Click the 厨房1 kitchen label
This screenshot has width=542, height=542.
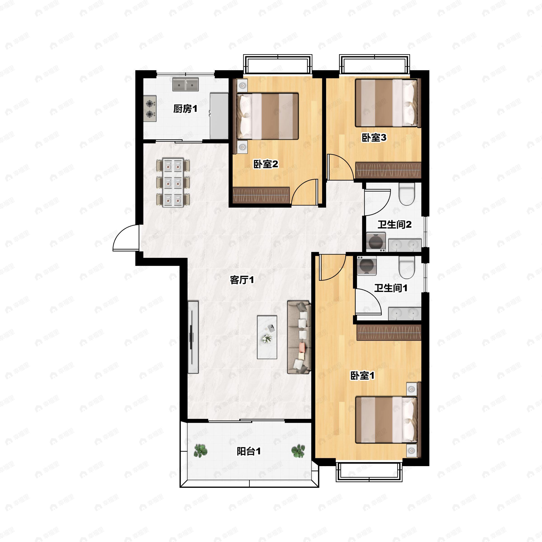pyautogui.click(x=185, y=109)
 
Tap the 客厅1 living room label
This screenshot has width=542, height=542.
pyautogui.click(x=242, y=280)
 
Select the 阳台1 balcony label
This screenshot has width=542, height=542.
pyautogui.click(x=249, y=451)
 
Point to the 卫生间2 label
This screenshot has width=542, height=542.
pyautogui.click(x=395, y=224)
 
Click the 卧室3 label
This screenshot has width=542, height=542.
pyautogui.click(x=374, y=138)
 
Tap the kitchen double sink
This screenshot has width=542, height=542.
pyautogui.click(x=185, y=84)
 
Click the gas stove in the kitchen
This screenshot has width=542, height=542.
pyautogui.click(x=150, y=109)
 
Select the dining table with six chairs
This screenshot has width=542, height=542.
pyautogui.click(x=173, y=183)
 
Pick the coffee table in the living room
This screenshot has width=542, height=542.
pyautogui.click(x=267, y=337)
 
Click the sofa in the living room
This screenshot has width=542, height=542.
pyautogui.click(x=299, y=337)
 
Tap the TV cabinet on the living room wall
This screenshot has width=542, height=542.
pyautogui.click(x=193, y=337)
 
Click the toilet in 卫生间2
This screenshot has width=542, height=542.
pyautogui.click(x=407, y=194)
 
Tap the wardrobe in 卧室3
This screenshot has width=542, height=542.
pyautogui.click(x=388, y=170)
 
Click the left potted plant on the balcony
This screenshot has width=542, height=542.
pyautogui.click(x=201, y=451)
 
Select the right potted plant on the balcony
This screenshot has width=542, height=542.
pyautogui.click(x=298, y=451)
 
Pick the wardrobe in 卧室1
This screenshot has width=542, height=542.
pyautogui.click(x=389, y=333)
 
